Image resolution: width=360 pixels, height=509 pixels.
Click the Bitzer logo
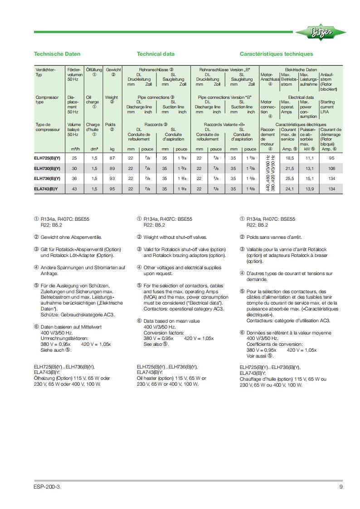[321, 32]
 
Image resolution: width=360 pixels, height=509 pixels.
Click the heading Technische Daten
[57, 54]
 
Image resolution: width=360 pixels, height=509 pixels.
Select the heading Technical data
[156, 54]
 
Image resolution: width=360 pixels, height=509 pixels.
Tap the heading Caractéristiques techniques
[276, 54]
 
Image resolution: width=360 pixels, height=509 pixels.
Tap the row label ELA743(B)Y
[46, 189]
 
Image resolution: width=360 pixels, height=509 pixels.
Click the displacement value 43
[74, 189]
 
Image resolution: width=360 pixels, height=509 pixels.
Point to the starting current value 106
[331, 168]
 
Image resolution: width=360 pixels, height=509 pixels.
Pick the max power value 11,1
[310, 158]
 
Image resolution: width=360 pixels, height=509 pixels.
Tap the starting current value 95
[331, 158]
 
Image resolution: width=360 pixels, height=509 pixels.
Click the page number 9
[341, 487]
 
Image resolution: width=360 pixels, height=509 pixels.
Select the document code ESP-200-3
[47, 487]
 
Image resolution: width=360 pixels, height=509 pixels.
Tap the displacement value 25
[74, 158]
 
